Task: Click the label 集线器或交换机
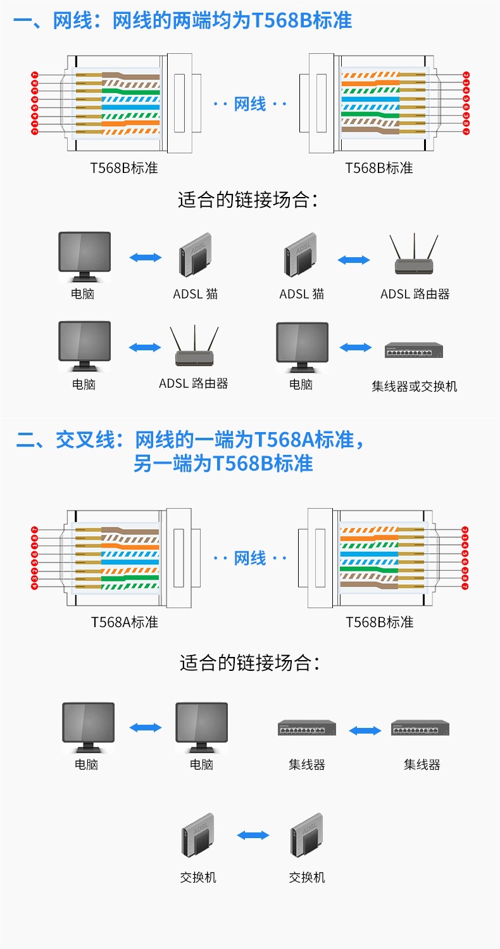414,386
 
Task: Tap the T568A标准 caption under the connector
124,621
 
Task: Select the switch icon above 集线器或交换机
414,350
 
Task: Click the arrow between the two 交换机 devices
253,836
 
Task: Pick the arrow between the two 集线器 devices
365,730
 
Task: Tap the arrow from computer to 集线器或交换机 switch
356,347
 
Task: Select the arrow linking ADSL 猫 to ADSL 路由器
354,260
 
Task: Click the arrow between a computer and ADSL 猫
145,257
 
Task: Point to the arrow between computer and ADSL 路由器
145,347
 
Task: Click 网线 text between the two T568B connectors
250,103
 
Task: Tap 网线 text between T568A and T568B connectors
250,558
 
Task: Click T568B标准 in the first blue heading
302,20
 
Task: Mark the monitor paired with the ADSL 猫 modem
84,255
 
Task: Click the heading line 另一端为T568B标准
223,463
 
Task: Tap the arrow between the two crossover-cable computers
146,728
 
